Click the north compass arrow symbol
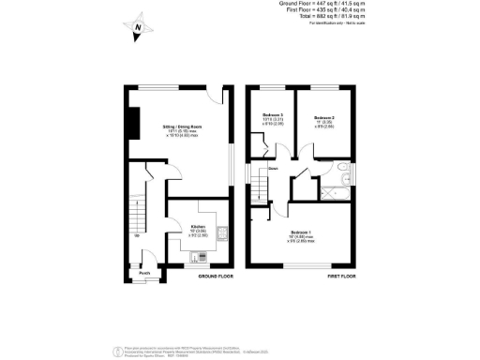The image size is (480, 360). click(138, 30)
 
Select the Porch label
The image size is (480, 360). click(145, 275)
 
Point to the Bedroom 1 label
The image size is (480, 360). click(302, 232)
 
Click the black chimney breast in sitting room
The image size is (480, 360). click(132, 122)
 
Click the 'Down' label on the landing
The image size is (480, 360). click(273, 170)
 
